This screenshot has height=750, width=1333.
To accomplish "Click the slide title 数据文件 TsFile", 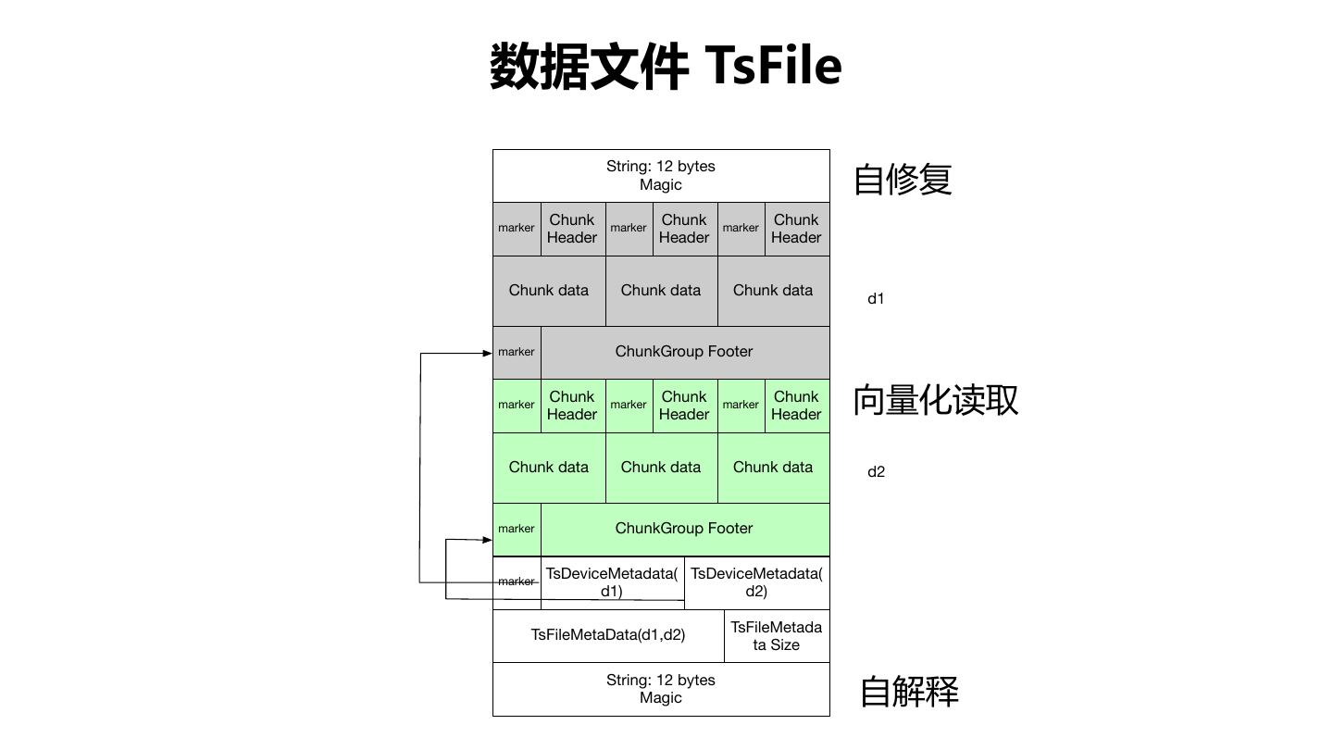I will click(x=665, y=67).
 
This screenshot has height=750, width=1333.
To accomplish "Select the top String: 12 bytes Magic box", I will click(x=661, y=176).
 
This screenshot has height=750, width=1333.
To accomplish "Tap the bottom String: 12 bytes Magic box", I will click(x=661, y=689).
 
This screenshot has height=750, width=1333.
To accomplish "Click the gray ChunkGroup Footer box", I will click(x=684, y=352).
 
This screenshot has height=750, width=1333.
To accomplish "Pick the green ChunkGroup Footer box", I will click(x=684, y=529).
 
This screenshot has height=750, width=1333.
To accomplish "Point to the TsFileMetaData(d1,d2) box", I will click(x=608, y=635).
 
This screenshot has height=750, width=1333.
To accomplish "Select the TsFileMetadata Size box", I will click(x=777, y=636).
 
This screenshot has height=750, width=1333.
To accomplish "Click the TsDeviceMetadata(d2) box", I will click(x=756, y=582).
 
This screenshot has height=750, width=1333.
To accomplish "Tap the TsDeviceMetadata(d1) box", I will click(x=612, y=582).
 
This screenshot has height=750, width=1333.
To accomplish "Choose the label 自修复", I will click(x=903, y=179).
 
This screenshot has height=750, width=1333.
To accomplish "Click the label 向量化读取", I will click(x=935, y=399).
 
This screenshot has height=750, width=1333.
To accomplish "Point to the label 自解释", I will click(x=909, y=692).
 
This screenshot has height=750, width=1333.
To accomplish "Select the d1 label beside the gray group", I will click(x=876, y=299).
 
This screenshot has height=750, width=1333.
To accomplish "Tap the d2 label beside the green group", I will click(x=876, y=472).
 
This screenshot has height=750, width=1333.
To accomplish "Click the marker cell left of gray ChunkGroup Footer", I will click(x=517, y=352).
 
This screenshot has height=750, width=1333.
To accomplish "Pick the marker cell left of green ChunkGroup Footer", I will click(x=517, y=529).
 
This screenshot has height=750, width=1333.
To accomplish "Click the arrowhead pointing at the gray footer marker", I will click(x=487, y=353).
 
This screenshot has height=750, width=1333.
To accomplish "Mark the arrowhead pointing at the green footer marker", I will click(x=487, y=539).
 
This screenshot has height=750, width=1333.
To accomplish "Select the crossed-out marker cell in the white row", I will click(x=517, y=581).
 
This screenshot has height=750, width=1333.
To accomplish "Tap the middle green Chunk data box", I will click(x=661, y=468).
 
